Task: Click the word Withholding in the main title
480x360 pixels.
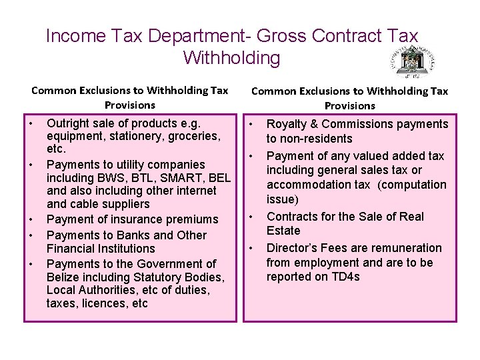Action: pos(232,58)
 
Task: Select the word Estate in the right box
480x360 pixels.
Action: pos(283,231)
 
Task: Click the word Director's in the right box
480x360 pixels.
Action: pos(291,248)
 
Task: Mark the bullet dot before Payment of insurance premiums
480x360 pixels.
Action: pos(31,219)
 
